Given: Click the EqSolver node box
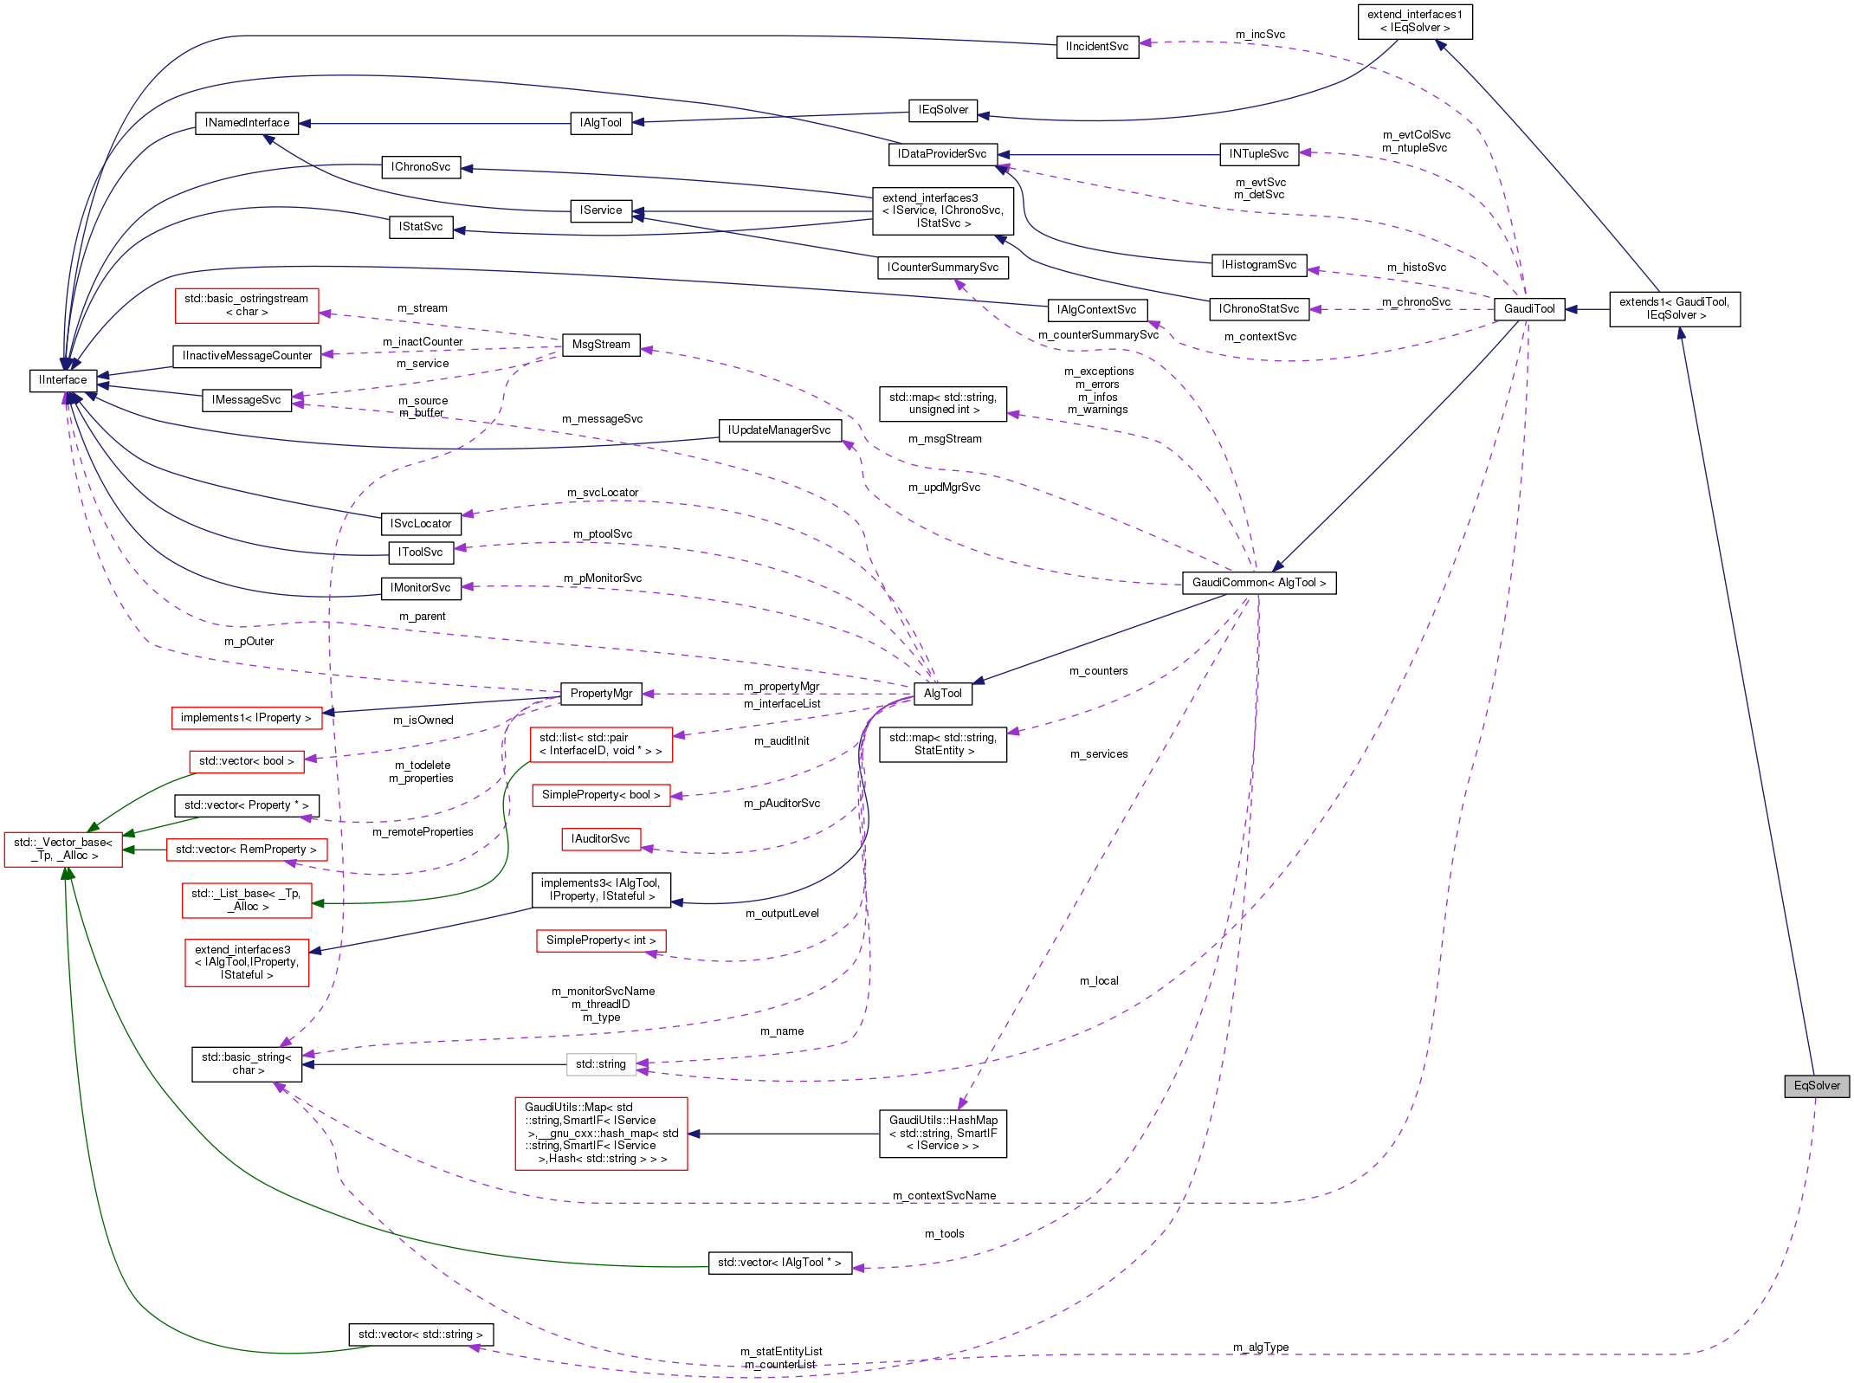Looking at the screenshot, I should pyautogui.click(x=1816, y=1086).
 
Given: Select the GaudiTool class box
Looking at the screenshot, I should pyautogui.click(x=1529, y=309).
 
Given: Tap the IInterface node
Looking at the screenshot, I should pyautogui.click(x=63, y=380).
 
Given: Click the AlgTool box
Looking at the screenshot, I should pyautogui.click(x=942, y=694).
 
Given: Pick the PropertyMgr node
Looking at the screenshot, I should pyautogui.click(x=601, y=694).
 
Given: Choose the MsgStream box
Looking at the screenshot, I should pyautogui.click(x=601, y=345).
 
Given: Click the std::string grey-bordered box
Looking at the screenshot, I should pyautogui.click(x=601, y=1064).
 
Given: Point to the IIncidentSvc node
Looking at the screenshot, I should pyautogui.click(x=1097, y=47).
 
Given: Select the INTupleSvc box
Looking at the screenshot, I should pyautogui.click(x=1259, y=154).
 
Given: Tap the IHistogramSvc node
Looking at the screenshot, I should pyautogui.click(x=1259, y=265).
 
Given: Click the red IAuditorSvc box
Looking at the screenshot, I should pyautogui.click(x=601, y=839).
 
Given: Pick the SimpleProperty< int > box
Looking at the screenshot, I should pyautogui.click(x=601, y=940).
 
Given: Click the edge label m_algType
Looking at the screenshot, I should pyautogui.click(x=1261, y=1347).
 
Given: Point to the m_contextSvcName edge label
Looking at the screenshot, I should pyautogui.click(x=944, y=1196).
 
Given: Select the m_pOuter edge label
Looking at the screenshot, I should pyautogui.click(x=249, y=642).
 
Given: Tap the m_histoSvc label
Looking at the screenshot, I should pyautogui.click(x=1417, y=268).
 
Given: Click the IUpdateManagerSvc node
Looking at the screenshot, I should pyautogui.click(x=779, y=430).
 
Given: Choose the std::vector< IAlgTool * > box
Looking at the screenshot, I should pyautogui.click(x=779, y=1263).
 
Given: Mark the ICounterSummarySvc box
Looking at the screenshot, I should pyautogui.click(x=942, y=268).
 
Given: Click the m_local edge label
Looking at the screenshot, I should pyautogui.click(x=1099, y=981).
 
